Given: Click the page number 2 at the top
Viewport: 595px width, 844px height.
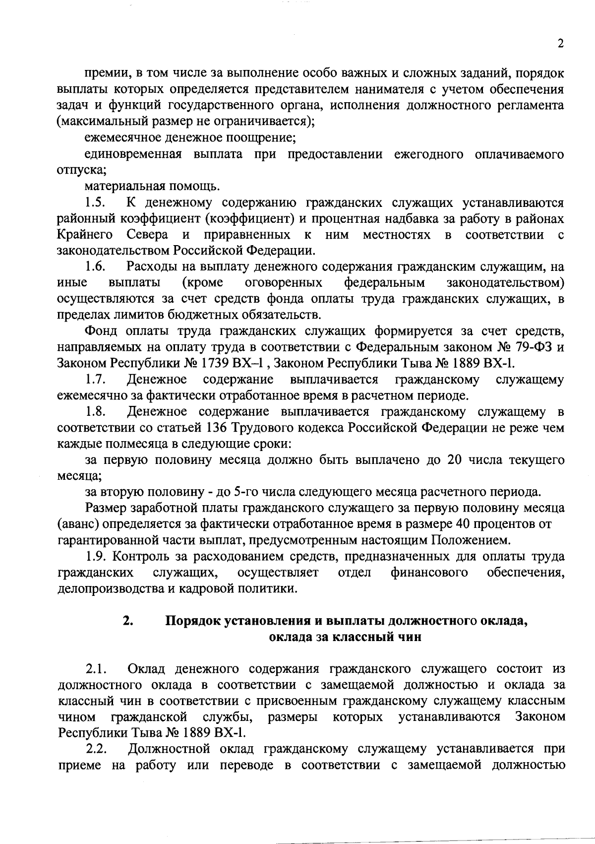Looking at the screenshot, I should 560,44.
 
